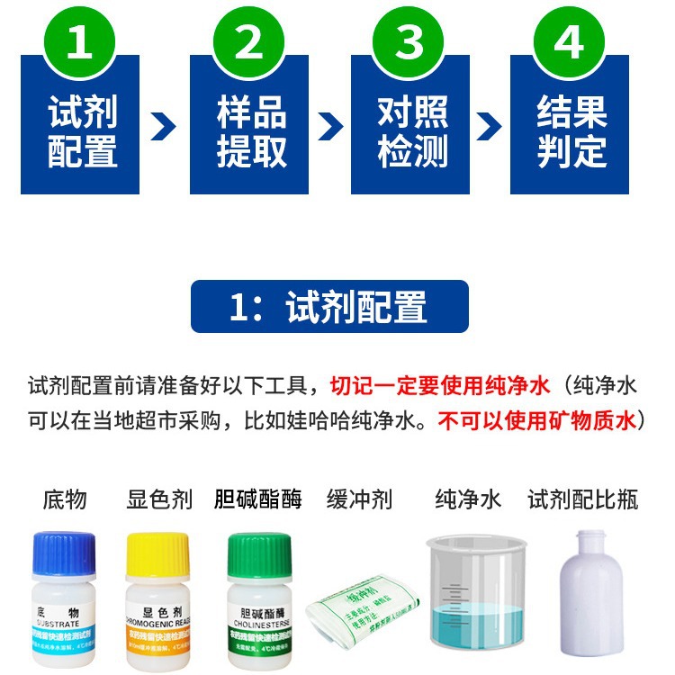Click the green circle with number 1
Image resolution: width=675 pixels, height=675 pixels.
tap(79, 42)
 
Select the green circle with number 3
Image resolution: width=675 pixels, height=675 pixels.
tap(409, 42)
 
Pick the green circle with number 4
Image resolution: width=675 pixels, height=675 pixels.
tap(569, 42)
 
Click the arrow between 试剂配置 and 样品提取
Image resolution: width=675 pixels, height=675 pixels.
tap(164, 126)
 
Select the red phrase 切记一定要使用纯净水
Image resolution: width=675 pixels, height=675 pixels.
tap(439, 387)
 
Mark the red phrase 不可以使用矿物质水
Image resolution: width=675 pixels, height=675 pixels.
tap(537, 421)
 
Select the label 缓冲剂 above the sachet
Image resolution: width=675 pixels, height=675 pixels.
tap(359, 499)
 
